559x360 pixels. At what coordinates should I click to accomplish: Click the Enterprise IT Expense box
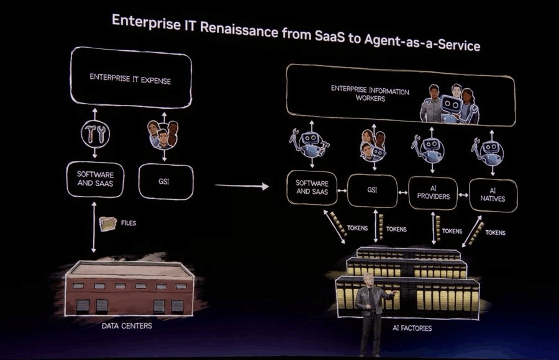(x=130, y=79)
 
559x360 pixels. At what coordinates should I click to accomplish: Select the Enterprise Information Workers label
(x=370, y=94)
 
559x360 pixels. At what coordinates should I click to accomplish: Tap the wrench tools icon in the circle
(x=95, y=133)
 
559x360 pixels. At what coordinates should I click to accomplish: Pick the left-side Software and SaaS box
(x=95, y=178)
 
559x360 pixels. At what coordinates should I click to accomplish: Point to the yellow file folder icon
(x=108, y=223)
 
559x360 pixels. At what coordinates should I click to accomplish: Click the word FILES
(x=129, y=222)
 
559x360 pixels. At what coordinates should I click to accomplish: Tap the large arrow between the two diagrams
(x=242, y=186)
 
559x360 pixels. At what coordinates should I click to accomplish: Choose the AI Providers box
(x=433, y=193)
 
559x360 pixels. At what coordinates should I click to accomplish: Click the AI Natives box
(x=493, y=195)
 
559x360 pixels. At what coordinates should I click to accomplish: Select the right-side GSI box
(x=372, y=190)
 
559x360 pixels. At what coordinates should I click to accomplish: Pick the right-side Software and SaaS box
(x=312, y=187)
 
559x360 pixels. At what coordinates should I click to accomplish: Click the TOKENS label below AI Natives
(x=495, y=233)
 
